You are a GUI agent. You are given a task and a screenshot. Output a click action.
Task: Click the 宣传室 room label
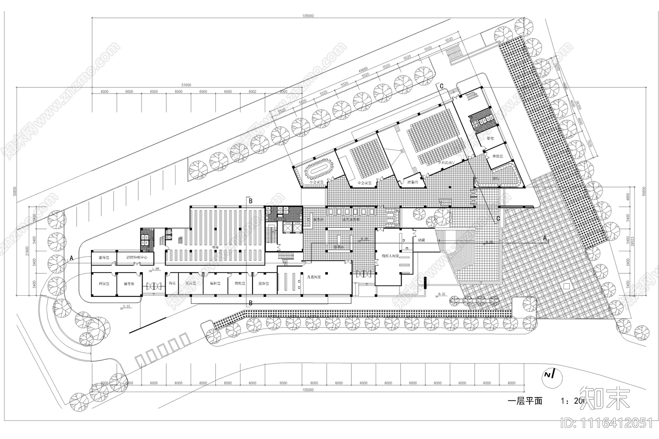coord(103,258)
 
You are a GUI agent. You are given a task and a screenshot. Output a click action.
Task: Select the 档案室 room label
coord(103,284)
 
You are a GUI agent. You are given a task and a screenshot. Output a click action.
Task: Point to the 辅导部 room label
coord(129,284)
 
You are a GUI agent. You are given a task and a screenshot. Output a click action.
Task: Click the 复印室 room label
coord(264,284)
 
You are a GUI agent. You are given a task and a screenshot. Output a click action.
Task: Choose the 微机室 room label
coord(240,284)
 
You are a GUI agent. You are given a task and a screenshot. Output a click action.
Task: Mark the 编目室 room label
coord(215,284)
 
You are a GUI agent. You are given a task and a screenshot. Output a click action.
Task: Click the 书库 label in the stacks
coord(215,248)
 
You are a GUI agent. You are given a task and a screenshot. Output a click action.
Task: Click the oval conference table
coord(319,169)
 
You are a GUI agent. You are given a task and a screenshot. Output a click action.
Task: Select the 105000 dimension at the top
coord(308,16)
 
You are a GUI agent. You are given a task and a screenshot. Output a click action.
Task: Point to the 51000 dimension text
coord(186,85)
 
